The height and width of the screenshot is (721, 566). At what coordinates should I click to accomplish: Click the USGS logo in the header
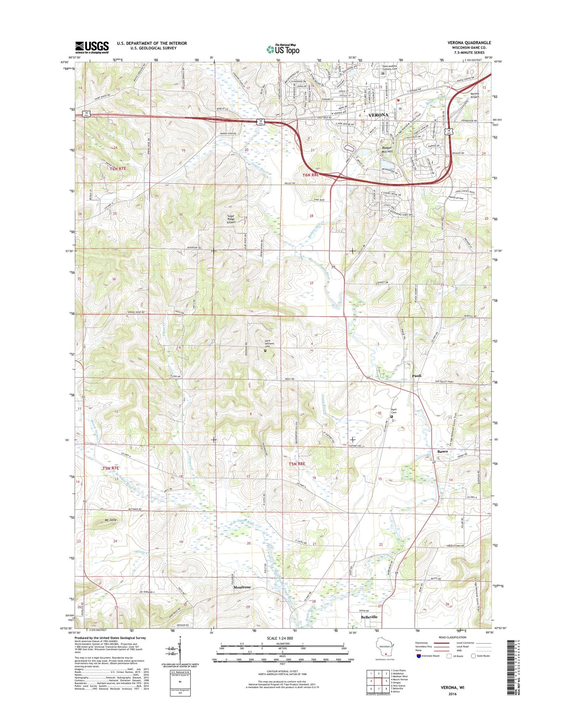(x=92, y=47)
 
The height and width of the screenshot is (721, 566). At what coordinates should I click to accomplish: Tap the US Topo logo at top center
(x=283, y=49)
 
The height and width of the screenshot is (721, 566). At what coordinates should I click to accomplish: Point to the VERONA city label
(x=378, y=115)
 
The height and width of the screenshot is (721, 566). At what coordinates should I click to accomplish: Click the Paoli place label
(x=416, y=376)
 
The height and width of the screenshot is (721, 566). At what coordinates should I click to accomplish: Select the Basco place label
(x=442, y=451)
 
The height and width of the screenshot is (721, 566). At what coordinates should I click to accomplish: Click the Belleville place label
(x=369, y=616)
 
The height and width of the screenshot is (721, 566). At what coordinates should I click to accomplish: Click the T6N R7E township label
(x=118, y=169)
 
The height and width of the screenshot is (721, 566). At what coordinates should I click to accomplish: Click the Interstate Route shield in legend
(x=419, y=656)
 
